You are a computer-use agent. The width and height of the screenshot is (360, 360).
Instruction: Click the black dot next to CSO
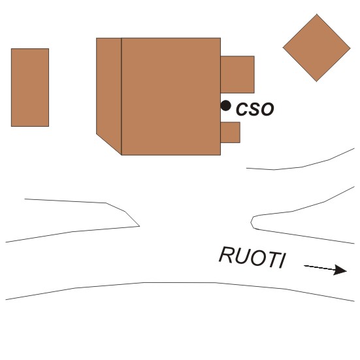point(225,106)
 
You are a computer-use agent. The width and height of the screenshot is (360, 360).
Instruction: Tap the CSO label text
point(255,109)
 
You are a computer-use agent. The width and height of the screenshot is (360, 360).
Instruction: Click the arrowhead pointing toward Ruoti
point(340,270)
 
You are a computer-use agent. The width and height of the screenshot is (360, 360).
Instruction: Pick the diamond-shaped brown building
point(317,48)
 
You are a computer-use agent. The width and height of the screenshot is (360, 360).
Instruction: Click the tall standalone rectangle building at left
point(30,88)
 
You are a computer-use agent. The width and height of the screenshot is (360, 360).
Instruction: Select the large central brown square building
point(171,97)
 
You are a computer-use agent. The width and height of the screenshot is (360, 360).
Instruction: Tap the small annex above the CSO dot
point(237,74)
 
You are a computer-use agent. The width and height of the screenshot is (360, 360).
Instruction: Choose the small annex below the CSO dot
point(230,133)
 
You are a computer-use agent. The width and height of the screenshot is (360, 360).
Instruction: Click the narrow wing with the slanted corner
point(109,92)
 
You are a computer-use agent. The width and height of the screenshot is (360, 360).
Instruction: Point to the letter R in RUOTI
point(226,255)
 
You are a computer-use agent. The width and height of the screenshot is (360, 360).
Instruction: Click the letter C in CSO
point(242,109)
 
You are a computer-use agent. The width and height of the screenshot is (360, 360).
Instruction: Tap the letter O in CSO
point(267,109)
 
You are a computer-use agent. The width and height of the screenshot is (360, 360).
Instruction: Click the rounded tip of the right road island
point(251,222)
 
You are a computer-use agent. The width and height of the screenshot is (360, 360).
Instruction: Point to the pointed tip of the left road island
point(139,226)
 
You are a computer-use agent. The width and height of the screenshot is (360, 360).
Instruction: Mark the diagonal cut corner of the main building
point(109,144)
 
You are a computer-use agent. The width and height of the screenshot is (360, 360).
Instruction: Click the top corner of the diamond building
point(317,14)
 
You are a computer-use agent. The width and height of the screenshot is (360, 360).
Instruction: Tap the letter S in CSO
point(254,109)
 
